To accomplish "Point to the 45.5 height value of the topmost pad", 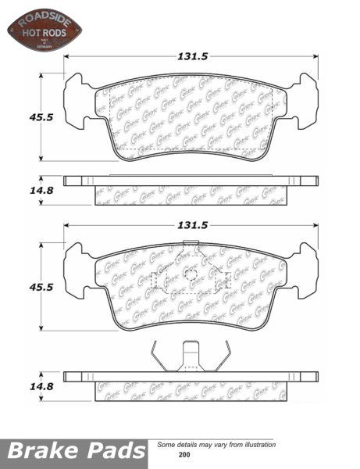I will (x=18, y=116).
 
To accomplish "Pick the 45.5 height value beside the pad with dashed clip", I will (x=18, y=287).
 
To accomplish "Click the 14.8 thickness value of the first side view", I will (x=19, y=188).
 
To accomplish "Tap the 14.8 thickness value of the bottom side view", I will (x=19, y=386).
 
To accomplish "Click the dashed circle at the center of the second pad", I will (x=191, y=274).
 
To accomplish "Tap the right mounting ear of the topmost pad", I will (x=308, y=100).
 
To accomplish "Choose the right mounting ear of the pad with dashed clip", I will (x=308, y=269).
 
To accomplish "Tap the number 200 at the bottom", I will (x=184, y=454).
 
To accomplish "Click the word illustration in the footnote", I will (x=255, y=444).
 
